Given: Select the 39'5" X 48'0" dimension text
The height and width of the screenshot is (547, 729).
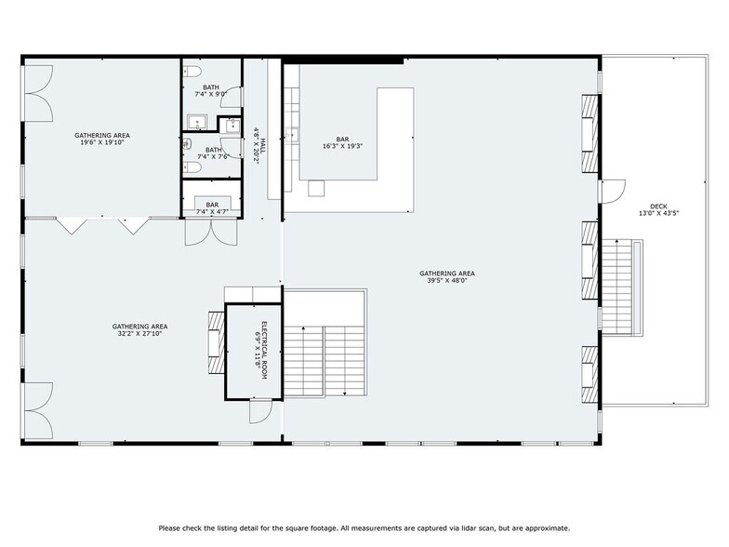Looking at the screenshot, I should tap(451, 280).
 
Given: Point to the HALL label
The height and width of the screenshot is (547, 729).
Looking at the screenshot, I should tap(263, 145).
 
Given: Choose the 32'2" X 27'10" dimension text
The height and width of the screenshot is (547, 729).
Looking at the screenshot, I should tap(139, 334).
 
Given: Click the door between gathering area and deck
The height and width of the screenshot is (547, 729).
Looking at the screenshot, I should tap(611, 192).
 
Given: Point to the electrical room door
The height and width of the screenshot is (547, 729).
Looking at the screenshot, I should tap(259, 410).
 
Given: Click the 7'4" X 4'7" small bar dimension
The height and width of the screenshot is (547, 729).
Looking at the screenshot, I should tap(212, 213).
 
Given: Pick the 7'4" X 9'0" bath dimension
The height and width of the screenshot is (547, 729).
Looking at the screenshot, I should tap(211, 95).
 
